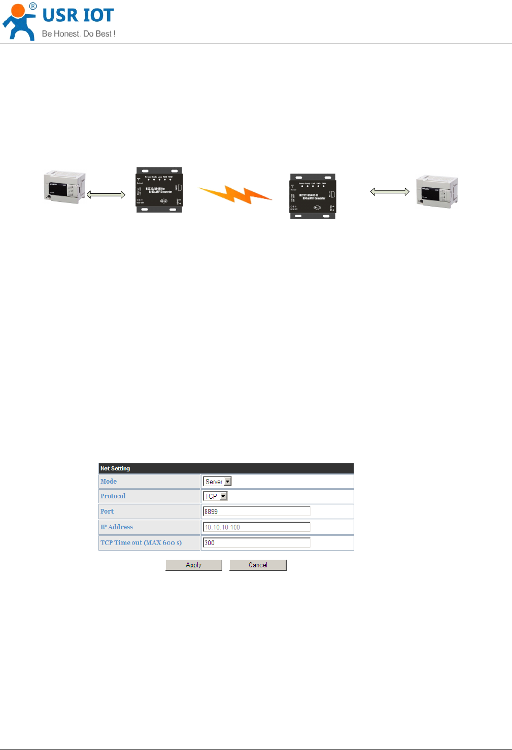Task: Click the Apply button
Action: [194, 565]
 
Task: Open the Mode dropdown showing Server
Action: [217, 482]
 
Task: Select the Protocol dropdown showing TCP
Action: [216, 496]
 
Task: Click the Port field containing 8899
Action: [256, 512]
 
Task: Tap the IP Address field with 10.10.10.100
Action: [256, 527]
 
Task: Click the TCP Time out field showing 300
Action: [256, 542]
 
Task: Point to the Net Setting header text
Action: [115, 468]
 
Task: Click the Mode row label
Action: [109, 482]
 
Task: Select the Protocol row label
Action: [113, 496]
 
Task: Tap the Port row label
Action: [107, 512]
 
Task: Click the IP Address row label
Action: [117, 527]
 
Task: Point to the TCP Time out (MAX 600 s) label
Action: [141, 542]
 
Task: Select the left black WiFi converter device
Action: [159, 190]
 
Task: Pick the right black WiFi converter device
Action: [313, 196]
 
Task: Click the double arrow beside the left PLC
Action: [106, 194]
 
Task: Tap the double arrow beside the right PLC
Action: [390, 191]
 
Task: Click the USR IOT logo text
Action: [78, 16]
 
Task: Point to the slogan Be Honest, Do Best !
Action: [79, 34]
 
